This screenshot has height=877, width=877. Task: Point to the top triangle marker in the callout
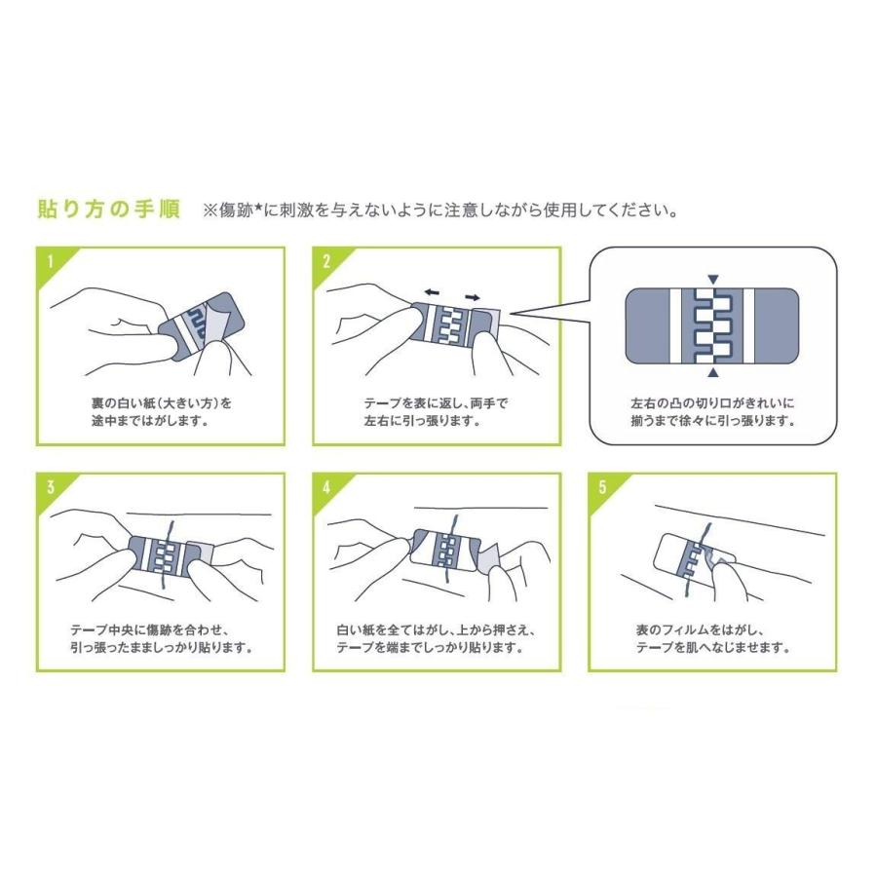click(x=713, y=278)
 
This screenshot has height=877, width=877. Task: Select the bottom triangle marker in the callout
click(x=713, y=372)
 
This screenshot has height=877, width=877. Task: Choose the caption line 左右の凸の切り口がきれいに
click(x=713, y=400)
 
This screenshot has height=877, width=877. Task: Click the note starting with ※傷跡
click(x=438, y=210)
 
